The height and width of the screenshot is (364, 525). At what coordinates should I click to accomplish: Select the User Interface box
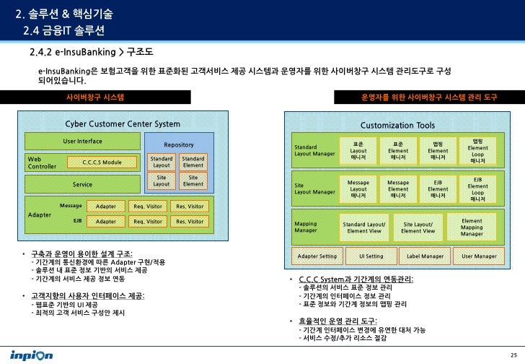tap(83, 141)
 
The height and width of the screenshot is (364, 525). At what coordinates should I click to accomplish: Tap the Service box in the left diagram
tap(83, 184)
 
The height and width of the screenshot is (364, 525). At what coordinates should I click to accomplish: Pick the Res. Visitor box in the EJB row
tap(190, 221)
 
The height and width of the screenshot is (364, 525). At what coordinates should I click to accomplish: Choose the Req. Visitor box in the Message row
tap(148, 207)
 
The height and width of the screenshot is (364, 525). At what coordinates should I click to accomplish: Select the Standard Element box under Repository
tap(193, 161)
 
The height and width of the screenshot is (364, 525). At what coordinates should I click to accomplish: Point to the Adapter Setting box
tap(317, 256)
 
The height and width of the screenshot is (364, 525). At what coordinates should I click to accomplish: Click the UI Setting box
tap(371, 256)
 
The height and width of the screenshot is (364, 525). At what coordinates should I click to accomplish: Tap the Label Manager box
tap(425, 256)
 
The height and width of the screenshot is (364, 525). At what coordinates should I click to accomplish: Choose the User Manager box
tap(479, 256)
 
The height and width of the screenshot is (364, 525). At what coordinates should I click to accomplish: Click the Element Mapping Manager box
tap(472, 227)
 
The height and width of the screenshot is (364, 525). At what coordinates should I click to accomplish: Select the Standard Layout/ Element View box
tap(364, 227)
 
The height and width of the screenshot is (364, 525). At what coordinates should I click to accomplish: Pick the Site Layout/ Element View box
tap(418, 227)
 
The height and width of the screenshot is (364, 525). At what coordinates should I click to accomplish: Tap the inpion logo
tap(32, 355)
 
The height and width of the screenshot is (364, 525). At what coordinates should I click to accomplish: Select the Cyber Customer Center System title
tap(123, 124)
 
